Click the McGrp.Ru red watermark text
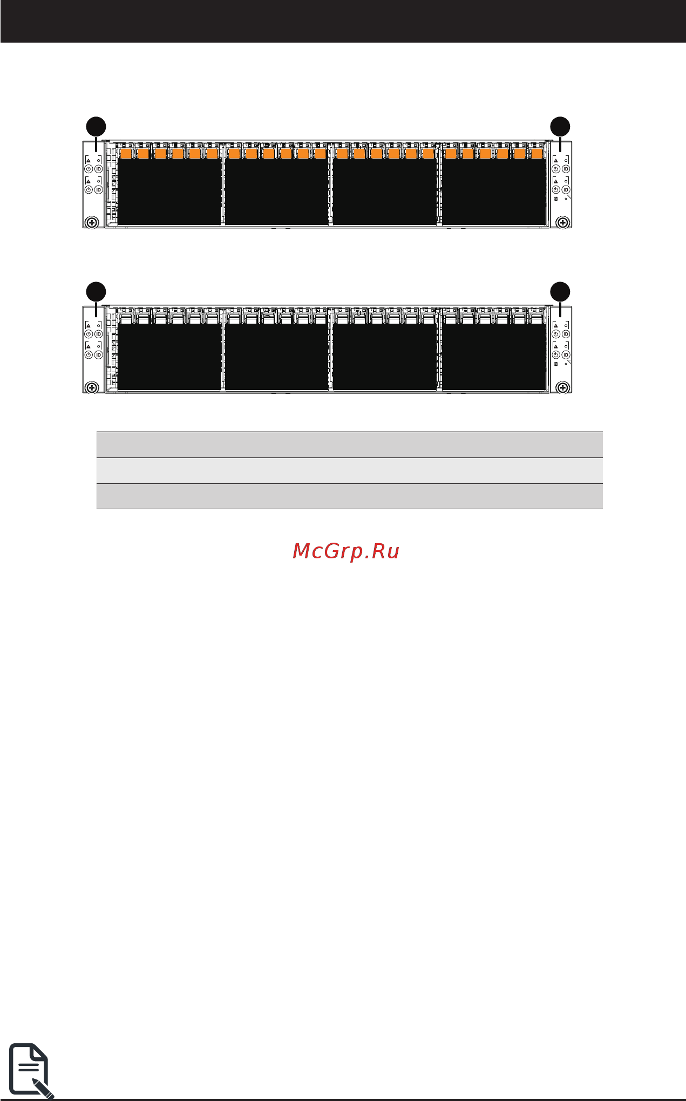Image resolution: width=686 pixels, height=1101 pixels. pos(345,551)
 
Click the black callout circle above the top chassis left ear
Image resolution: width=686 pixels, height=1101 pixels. pos(96,126)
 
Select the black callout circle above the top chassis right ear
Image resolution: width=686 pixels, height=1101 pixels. pos(560,126)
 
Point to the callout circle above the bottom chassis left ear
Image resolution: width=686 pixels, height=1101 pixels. pos(96,291)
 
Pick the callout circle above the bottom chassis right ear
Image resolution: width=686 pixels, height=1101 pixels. pos(560,291)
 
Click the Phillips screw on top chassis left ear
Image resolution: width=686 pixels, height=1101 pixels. pos(92,222)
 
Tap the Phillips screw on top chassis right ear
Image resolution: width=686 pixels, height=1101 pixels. pos(562,222)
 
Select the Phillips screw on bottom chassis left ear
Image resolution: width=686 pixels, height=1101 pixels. pos(92,387)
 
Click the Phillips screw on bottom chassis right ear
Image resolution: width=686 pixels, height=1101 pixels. pos(562,387)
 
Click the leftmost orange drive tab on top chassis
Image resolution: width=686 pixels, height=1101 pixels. pos(125,154)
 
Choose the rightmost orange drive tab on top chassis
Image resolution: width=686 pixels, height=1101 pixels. pos(536,154)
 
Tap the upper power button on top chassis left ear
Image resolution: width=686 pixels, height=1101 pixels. pos(89,169)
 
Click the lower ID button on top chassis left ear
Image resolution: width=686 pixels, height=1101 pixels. pos(98,190)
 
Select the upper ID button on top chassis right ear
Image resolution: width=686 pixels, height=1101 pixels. pos(566,169)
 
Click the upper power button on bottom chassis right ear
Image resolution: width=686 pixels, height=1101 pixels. pos(556,334)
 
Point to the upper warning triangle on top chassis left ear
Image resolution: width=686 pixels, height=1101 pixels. pos(89,160)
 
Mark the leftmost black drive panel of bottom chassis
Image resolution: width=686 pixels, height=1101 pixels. pos(168,356)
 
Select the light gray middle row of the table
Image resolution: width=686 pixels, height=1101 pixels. pos(349,470)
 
